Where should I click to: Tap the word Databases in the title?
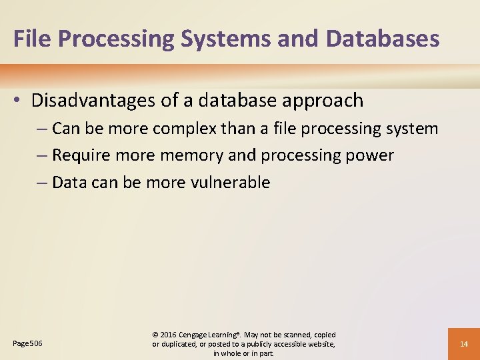[x=383, y=38]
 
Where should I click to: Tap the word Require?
[x=80, y=155]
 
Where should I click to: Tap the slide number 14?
[x=464, y=343]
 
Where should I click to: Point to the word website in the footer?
[x=319, y=343]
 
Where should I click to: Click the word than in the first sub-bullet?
[x=235, y=128]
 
